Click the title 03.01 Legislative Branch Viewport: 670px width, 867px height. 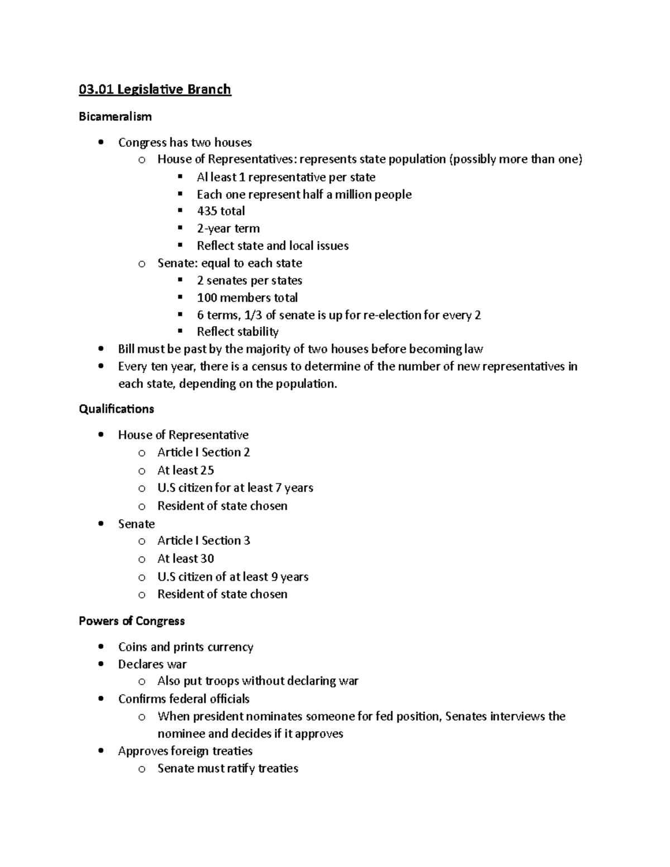(x=155, y=89)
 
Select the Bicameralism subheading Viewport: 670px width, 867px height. (x=115, y=117)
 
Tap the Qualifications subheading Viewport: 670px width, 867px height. (x=116, y=409)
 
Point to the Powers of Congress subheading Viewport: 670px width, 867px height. (x=132, y=621)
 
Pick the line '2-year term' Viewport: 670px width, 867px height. (x=228, y=228)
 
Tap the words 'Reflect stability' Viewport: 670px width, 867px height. (x=237, y=332)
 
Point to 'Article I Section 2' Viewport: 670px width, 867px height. (x=203, y=452)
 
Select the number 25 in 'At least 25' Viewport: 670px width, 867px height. (x=207, y=470)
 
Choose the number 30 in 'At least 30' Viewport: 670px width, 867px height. (x=207, y=559)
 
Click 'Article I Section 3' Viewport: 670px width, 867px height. (x=203, y=540)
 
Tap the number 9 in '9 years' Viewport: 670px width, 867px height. (x=274, y=577)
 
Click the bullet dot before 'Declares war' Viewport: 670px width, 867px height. (x=100, y=664)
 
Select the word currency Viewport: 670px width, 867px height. (x=230, y=647)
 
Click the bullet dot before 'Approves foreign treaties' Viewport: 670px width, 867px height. (x=100, y=751)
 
